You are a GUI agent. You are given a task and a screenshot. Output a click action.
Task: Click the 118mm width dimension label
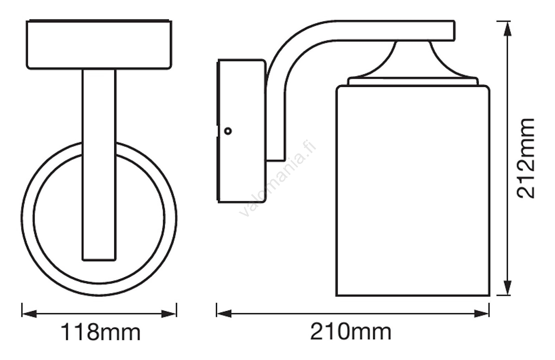[101, 333]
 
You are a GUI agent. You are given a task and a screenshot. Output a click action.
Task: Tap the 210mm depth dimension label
[351, 332]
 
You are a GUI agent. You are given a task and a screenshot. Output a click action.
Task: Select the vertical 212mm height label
[525, 159]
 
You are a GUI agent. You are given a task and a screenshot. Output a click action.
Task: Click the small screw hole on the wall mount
[228, 131]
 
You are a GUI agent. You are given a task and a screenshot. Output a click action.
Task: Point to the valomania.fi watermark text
[278, 178]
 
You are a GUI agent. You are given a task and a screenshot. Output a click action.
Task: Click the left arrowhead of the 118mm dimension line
[29, 313]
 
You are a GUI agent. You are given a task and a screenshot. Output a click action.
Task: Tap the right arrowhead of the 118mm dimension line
[169, 313]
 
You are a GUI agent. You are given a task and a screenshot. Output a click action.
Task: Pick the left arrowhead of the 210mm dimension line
[224, 313]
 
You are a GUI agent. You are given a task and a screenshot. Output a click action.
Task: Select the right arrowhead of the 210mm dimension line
[482, 313]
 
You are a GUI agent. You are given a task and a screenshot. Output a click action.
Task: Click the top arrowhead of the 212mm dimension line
[508, 29]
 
